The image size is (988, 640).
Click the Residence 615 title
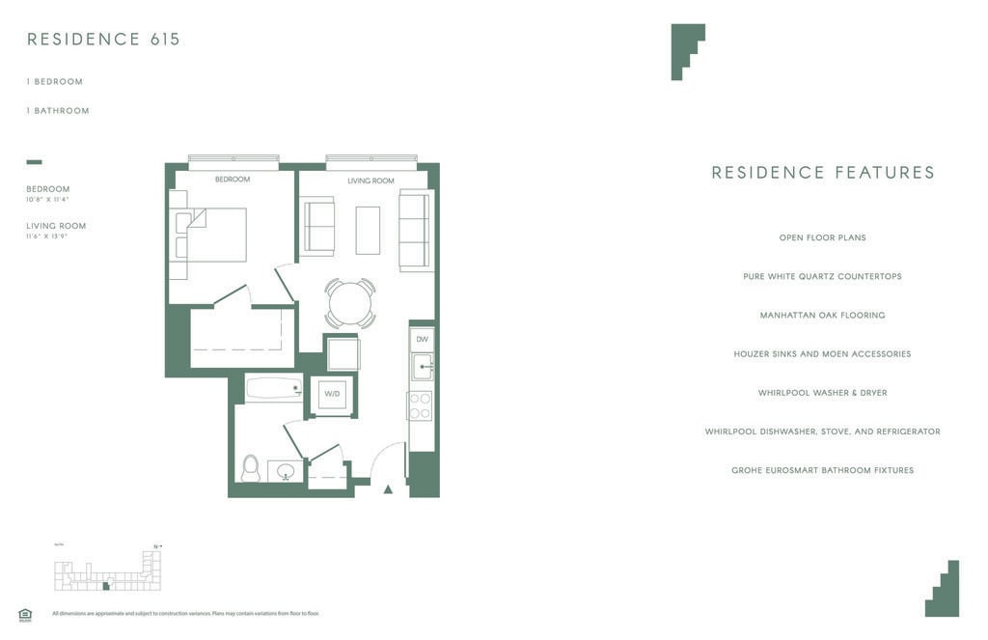pyautogui.click(x=103, y=40)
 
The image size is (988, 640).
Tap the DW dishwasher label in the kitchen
pyautogui.click(x=422, y=340)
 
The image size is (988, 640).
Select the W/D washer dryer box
pyautogui.click(x=332, y=394)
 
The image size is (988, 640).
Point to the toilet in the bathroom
pyautogui.click(x=251, y=468)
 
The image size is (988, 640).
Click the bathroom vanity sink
pyautogui.click(x=286, y=472)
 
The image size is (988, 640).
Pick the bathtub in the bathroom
pyautogui.click(x=274, y=388)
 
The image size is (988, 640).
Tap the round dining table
pyautogui.click(x=349, y=304)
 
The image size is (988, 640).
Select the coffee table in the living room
pyautogui.click(x=368, y=230)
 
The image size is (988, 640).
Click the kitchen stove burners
pyautogui.click(x=420, y=405)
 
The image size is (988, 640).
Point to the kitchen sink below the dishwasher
pyautogui.click(x=422, y=367)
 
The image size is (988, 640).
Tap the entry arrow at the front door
pyautogui.click(x=388, y=489)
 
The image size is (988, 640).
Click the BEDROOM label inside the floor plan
pyautogui.click(x=233, y=180)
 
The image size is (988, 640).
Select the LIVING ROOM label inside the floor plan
pyautogui.click(x=370, y=181)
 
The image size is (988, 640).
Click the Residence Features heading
pyautogui.click(x=823, y=173)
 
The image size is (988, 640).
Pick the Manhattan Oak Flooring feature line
pyautogui.click(x=822, y=316)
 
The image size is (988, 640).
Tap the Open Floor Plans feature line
pyautogui.click(x=822, y=237)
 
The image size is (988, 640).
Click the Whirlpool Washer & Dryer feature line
pyautogui.click(x=822, y=393)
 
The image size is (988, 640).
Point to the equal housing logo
pyautogui.click(x=25, y=614)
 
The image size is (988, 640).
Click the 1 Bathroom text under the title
pyautogui.click(x=58, y=111)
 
